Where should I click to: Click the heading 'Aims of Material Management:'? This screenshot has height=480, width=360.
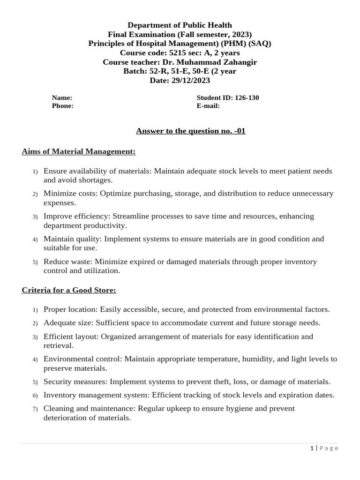pos(79,151)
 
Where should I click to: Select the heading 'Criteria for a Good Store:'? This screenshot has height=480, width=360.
pos(69,290)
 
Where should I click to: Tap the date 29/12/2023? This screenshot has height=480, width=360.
pos(193,80)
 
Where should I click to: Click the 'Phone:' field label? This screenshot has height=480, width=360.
pos(62,106)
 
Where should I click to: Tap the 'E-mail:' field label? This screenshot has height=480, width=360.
pos(208,106)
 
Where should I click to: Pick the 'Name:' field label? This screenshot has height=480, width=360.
pos(62,98)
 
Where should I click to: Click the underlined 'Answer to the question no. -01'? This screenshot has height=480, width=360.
pos(191,131)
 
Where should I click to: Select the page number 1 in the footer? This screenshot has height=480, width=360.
pos(312,448)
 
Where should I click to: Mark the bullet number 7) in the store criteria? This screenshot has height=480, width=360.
pos(35,409)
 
